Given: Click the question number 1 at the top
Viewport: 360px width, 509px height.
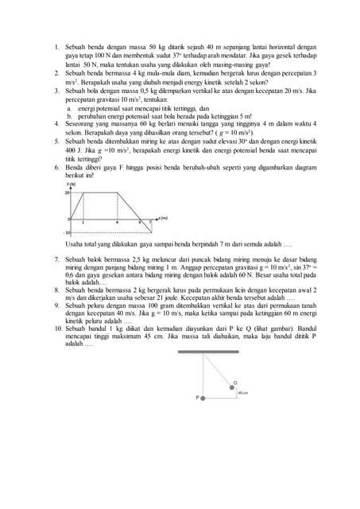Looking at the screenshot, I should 56,48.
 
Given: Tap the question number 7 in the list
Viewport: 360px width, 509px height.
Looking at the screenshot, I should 56,259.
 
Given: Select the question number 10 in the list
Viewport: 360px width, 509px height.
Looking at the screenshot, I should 58,328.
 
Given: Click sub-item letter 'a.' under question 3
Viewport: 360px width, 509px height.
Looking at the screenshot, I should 68,108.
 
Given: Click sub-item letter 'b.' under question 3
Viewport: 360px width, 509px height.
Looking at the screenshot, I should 68,116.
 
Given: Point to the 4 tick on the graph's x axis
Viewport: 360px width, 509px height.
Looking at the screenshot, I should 117,222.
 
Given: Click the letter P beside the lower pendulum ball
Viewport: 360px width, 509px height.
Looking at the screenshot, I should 197,397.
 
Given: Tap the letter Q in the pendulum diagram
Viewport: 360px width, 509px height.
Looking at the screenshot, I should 234,382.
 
